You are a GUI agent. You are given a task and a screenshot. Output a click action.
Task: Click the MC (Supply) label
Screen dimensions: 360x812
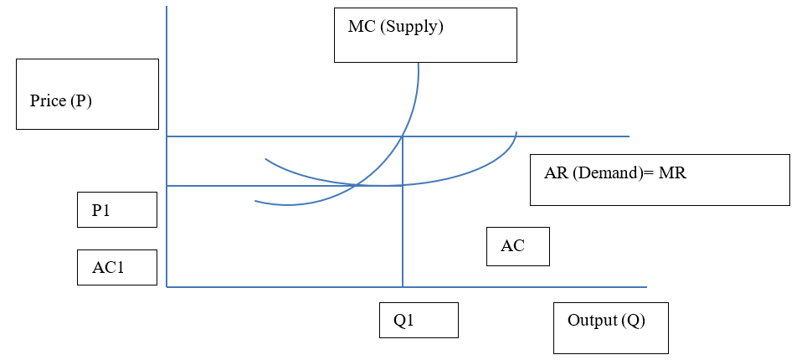click(395, 27)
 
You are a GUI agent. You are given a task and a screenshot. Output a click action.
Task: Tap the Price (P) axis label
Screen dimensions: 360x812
click(60, 101)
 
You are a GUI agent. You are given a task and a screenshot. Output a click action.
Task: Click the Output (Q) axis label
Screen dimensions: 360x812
click(606, 321)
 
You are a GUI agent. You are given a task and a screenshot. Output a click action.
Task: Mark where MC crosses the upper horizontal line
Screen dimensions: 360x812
click(403, 136)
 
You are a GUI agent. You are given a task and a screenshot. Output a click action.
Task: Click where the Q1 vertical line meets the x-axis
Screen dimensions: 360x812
click(403, 287)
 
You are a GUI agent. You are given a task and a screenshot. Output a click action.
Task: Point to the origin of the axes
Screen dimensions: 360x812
click(167, 287)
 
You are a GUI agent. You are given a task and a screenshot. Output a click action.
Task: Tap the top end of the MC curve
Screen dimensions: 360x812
click(418, 64)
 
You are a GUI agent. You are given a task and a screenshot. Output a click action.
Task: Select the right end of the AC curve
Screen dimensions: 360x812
click(516, 132)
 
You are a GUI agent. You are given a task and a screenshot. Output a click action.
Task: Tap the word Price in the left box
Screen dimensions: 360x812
click(48, 101)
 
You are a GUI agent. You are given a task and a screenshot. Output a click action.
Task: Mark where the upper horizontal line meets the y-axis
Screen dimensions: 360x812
click(167, 136)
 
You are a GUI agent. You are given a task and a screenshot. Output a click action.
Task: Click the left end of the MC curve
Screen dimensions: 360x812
click(255, 201)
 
